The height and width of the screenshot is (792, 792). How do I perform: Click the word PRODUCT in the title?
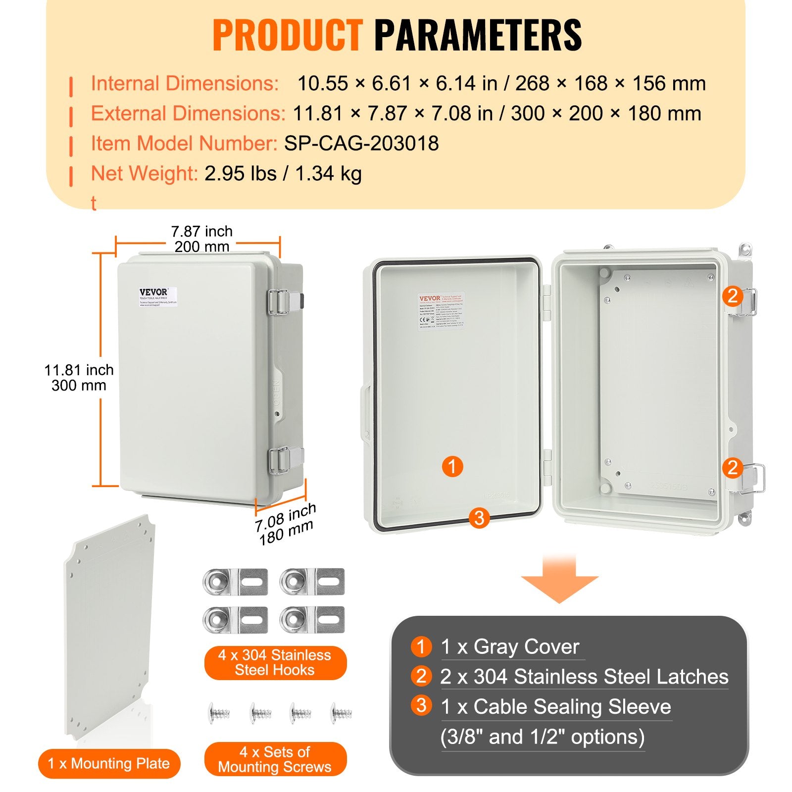click(x=288, y=35)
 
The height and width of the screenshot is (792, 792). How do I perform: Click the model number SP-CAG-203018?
click(x=361, y=144)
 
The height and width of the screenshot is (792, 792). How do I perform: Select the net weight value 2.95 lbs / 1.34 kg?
click(x=283, y=174)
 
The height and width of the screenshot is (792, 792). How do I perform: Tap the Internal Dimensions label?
click(x=185, y=83)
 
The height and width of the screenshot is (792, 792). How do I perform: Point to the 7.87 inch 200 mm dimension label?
click(x=201, y=239)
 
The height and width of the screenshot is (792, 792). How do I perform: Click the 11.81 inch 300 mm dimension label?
click(x=79, y=377)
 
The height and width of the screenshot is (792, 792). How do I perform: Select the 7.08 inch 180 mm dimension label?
click(x=285, y=524)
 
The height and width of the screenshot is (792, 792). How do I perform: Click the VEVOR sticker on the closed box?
click(x=157, y=297)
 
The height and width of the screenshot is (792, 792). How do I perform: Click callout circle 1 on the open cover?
click(x=452, y=466)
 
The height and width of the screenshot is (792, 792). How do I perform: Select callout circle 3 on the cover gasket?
click(x=479, y=518)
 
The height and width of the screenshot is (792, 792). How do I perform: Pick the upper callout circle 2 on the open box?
click(x=732, y=296)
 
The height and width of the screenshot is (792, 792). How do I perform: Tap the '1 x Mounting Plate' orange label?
click(x=109, y=763)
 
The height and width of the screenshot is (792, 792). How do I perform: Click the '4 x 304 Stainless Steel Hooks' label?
click(x=275, y=662)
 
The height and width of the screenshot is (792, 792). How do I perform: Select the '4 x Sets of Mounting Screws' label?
click(x=275, y=759)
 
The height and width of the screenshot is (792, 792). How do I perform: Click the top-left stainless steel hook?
click(x=235, y=582)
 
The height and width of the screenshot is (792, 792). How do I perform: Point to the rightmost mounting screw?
click(x=342, y=713)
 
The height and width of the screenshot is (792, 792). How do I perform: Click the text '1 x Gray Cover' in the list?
click(x=510, y=647)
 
